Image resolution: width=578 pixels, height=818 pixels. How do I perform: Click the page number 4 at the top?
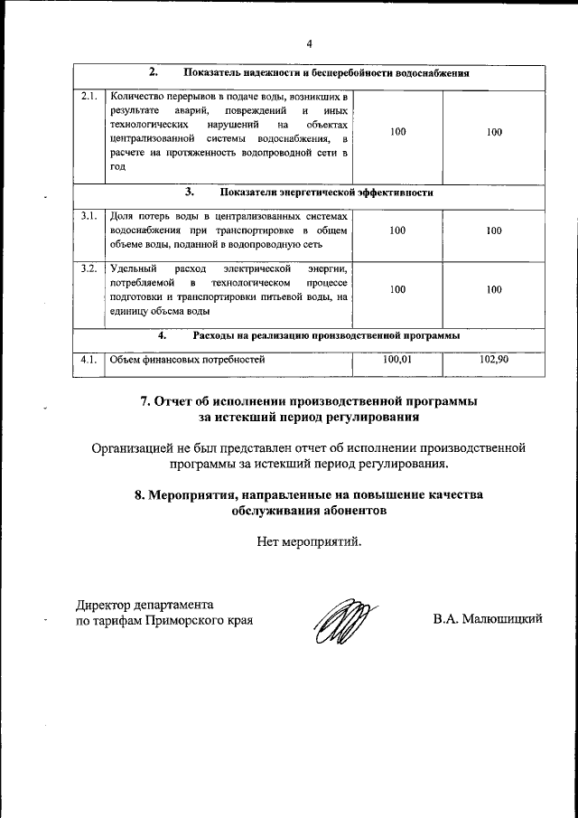point(308,43)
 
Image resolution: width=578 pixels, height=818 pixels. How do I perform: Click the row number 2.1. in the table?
point(89,95)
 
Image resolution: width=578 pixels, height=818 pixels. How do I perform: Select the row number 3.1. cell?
point(89,216)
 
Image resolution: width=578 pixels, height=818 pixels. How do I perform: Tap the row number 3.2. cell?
point(89,268)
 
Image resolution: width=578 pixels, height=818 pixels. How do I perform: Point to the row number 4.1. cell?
point(89,359)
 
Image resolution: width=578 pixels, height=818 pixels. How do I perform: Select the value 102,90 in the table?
point(493,359)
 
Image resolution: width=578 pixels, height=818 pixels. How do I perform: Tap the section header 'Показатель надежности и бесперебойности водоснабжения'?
point(326,71)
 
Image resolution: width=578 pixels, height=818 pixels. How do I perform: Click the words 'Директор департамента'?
point(144,605)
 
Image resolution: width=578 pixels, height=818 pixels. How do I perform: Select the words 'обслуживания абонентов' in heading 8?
point(308,511)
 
